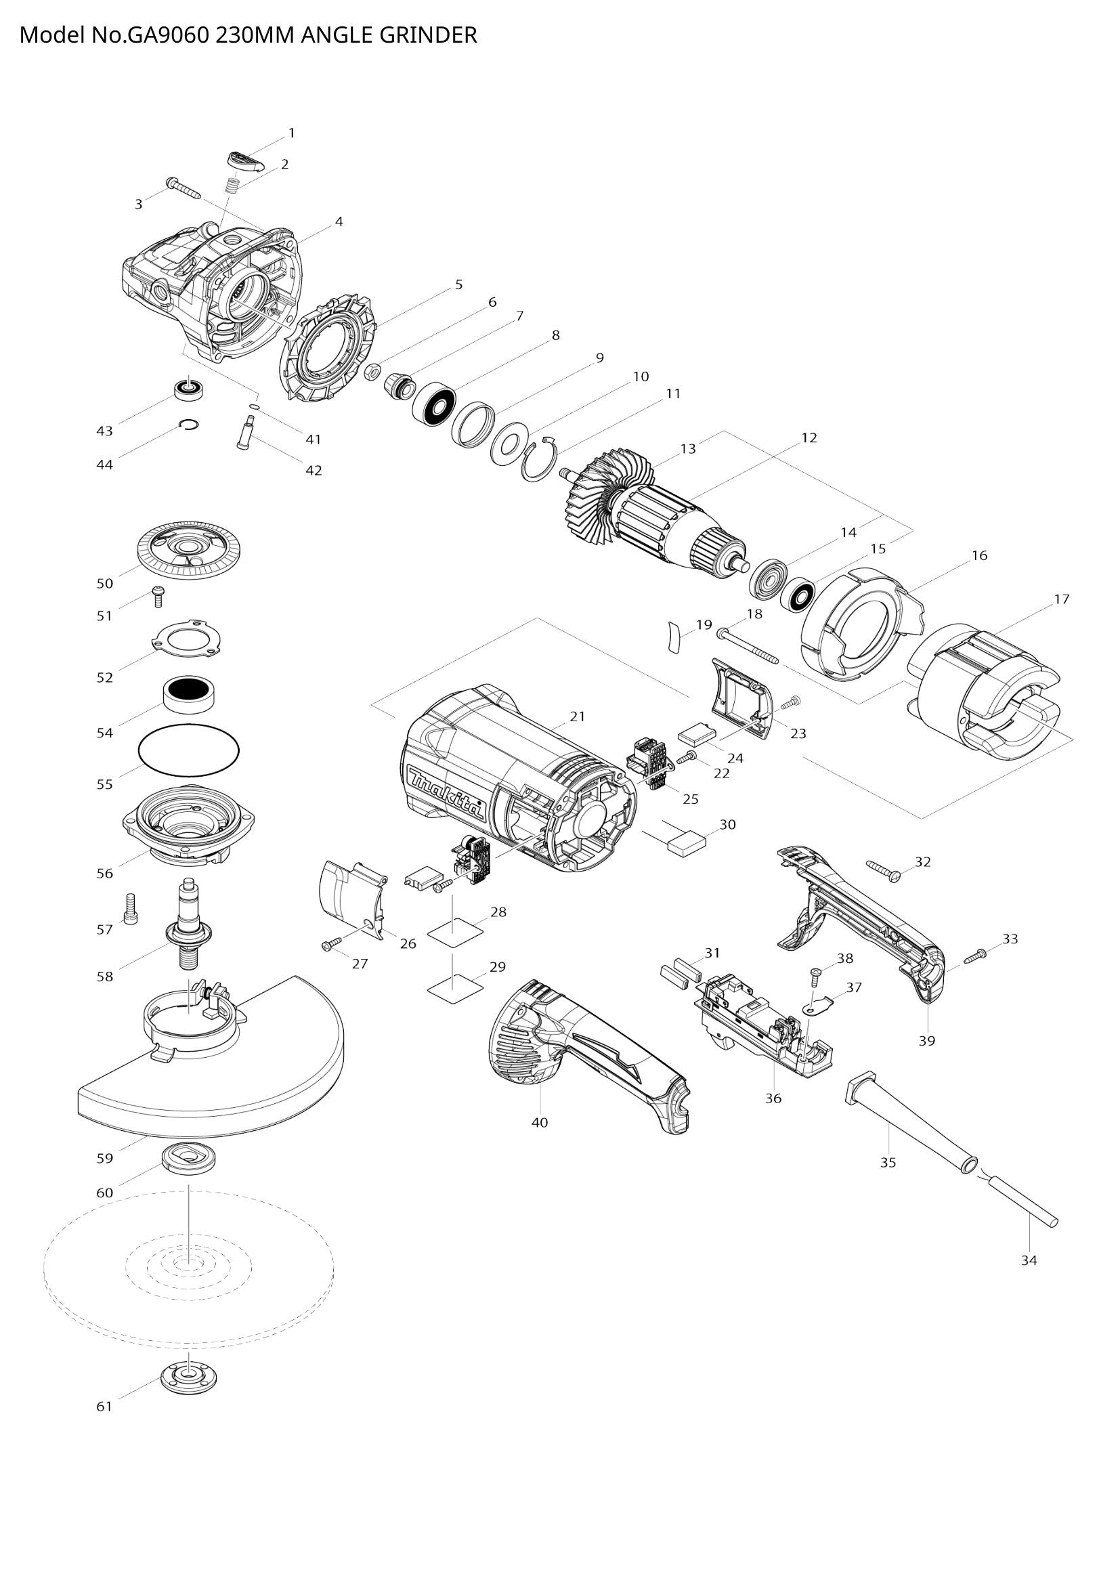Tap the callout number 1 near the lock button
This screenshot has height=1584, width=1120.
292,133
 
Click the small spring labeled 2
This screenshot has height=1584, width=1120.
234,186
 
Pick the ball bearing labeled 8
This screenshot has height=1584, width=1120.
434,406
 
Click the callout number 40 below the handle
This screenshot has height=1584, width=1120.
539,1122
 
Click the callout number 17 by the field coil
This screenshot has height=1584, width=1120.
1061,599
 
